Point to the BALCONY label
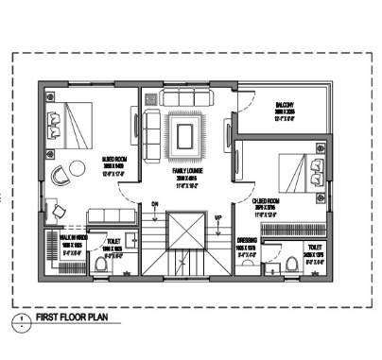[x=286, y=104]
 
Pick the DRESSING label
[x=247, y=241]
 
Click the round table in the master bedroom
[x=60, y=173]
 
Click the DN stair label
[x=153, y=203]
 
